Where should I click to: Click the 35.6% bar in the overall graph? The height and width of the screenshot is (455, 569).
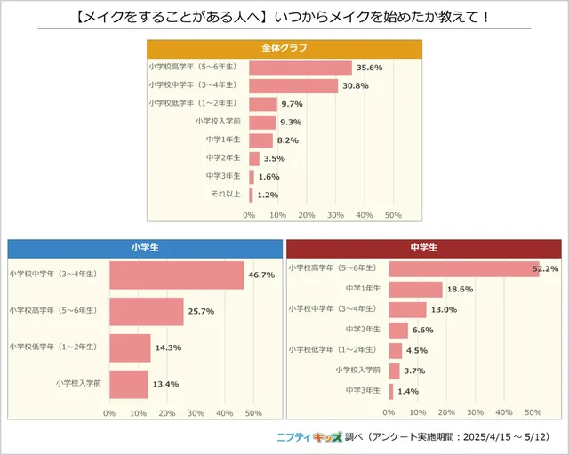[x=301, y=68]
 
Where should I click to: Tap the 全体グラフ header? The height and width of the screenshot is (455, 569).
[x=284, y=47]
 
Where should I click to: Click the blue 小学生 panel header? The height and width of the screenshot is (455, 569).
[x=144, y=246]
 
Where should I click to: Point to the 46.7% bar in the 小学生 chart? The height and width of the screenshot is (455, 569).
[x=176, y=275]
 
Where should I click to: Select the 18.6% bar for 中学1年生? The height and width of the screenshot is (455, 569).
[x=416, y=290]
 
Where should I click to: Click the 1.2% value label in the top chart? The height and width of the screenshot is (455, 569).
[x=268, y=195]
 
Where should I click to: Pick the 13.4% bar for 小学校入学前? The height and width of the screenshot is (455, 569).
[x=129, y=384]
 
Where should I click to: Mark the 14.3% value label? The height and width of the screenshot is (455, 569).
[x=164, y=347]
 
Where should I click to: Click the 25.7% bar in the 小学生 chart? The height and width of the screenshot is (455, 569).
[x=147, y=311]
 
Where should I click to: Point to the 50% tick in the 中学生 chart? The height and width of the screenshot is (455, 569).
[x=533, y=412]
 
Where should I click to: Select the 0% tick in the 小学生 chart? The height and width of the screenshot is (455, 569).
[x=109, y=412]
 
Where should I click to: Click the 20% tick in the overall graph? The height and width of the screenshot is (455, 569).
[x=306, y=215]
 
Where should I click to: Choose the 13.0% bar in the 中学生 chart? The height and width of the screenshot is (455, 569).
[x=408, y=309]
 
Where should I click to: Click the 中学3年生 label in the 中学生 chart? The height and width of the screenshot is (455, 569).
[x=365, y=390]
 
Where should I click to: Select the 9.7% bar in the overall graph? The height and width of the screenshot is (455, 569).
[x=263, y=104]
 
